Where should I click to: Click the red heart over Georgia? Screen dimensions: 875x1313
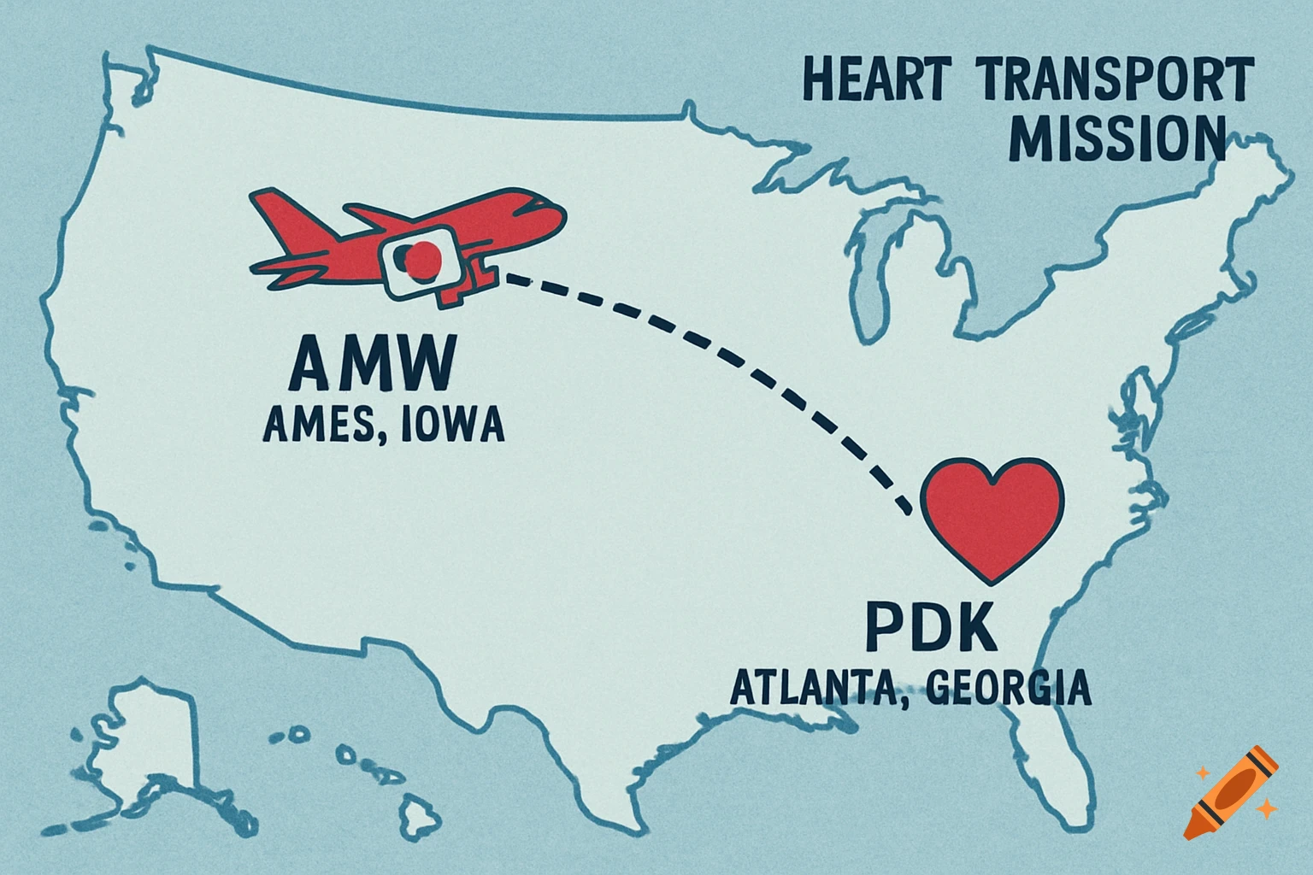(x=992, y=517)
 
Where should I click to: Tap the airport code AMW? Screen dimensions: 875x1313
(x=370, y=364)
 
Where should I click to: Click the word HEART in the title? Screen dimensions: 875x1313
(x=874, y=82)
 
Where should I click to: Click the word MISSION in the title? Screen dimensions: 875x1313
(x=1116, y=139)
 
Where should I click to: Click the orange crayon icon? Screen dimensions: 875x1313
(x=1231, y=793)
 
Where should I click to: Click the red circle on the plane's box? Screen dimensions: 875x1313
(x=421, y=259)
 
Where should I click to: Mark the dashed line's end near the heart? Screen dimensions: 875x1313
(x=906, y=509)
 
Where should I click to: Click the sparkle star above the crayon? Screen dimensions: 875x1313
(x=1204, y=772)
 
